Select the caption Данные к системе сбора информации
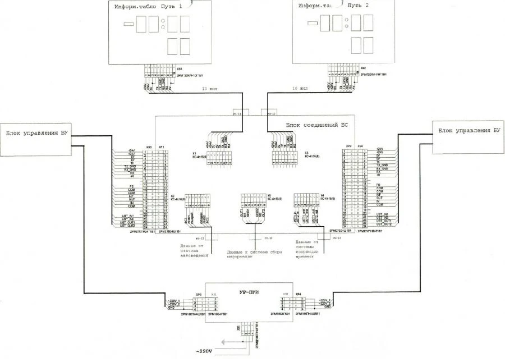point(254,255)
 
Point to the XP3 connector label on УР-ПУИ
point(198,294)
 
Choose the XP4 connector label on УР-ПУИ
point(299,294)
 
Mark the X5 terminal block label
point(270,196)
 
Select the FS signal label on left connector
point(131,185)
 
